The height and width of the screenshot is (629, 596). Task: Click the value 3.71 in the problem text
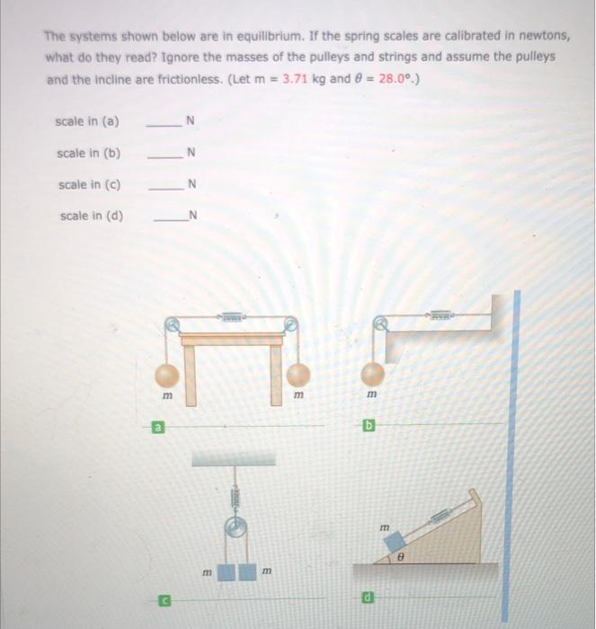[296, 78]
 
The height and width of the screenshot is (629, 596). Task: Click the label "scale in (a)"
[88, 121]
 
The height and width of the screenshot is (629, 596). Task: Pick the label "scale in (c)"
[90, 185]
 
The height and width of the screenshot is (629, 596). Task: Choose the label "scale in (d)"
[91, 216]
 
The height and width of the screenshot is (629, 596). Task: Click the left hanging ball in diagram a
[166, 374]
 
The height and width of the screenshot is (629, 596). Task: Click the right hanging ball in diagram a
[298, 374]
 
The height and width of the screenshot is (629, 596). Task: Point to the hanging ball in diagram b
[372, 374]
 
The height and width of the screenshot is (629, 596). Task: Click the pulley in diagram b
[381, 322]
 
